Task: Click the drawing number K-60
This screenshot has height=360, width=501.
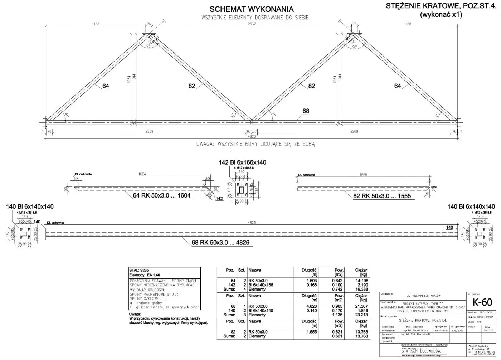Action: [482, 302]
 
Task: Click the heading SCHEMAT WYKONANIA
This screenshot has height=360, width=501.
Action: [252, 9]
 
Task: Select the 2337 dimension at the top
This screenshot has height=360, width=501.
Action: [252, 24]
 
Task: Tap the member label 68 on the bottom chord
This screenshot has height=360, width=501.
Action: [306, 111]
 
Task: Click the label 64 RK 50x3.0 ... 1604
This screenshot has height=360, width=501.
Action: [162, 195]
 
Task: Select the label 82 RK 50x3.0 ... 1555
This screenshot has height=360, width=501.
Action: [382, 196]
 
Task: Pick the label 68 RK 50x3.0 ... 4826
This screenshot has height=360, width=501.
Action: [220, 243]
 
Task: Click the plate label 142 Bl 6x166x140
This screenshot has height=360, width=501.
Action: [242, 162]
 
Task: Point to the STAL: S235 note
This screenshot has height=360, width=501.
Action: [140, 270]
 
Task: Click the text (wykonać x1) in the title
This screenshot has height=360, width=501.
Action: [441, 15]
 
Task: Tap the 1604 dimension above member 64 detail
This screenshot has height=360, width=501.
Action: [142, 174]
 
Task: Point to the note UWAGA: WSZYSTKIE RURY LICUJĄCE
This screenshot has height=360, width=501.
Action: [255, 144]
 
